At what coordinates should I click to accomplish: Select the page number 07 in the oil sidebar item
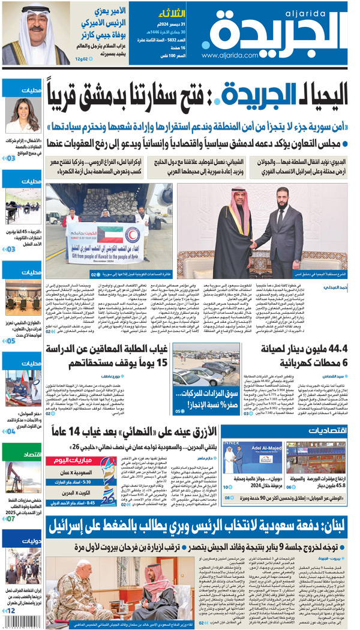coord(10,519)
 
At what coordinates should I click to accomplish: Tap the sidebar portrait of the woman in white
coord(23,116)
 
